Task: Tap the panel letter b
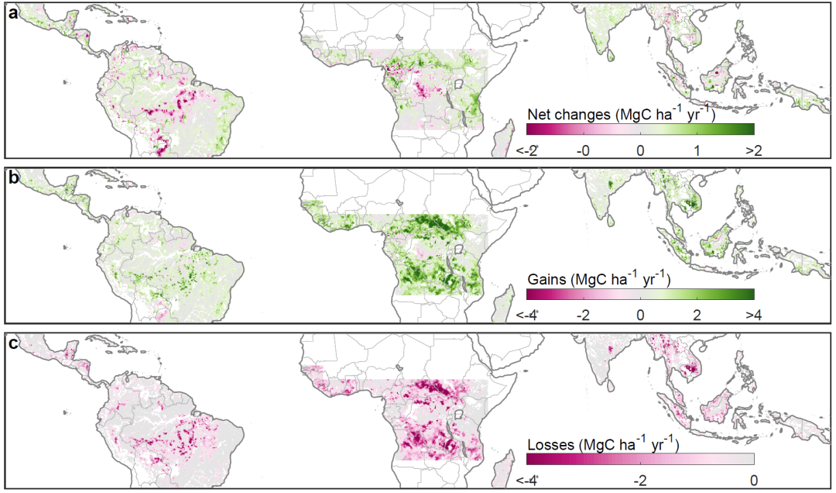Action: (x=13, y=177)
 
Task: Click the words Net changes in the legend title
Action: (x=570, y=115)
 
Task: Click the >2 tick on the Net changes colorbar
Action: (x=754, y=150)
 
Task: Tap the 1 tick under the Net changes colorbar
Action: (x=697, y=150)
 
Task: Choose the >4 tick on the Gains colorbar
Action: (x=754, y=315)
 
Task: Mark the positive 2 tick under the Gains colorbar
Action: (x=697, y=315)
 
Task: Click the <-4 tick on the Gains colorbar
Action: (x=527, y=315)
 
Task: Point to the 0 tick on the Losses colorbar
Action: (x=753, y=480)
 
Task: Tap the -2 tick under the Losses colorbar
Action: (x=639, y=480)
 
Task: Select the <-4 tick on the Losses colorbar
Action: (x=527, y=480)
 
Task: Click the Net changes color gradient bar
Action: (x=640, y=129)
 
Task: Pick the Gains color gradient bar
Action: (x=640, y=294)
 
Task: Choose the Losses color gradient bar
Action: (x=640, y=459)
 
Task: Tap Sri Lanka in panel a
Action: (x=612, y=56)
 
